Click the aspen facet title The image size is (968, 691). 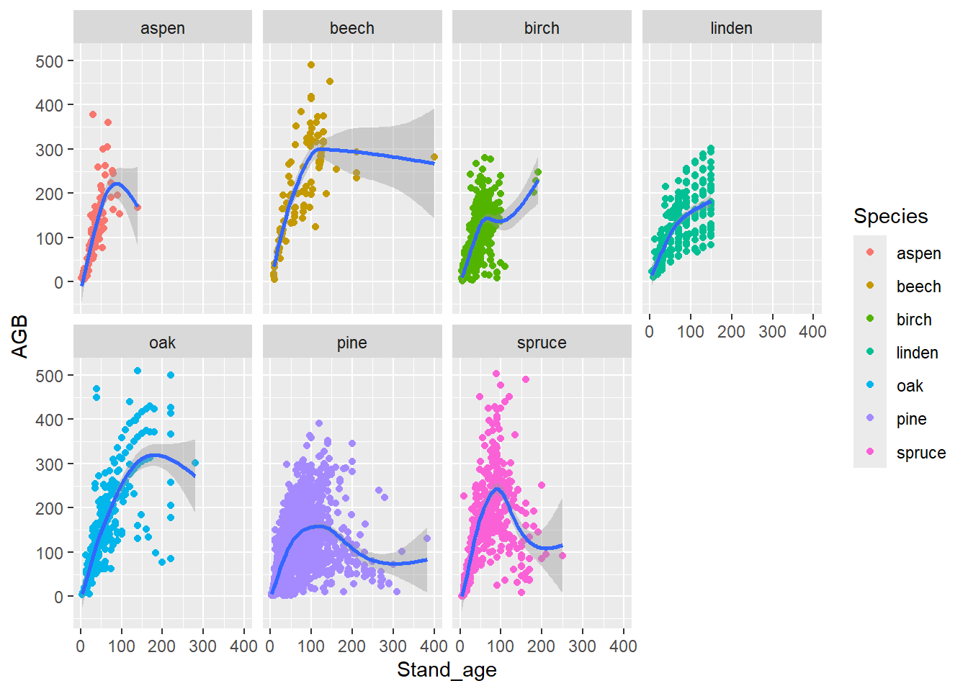pos(163,28)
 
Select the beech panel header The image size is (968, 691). pos(352,28)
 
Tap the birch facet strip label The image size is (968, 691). pos(542,28)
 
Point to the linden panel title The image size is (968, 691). pos(731,28)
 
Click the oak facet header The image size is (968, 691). pos(163,343)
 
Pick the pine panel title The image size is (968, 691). pos(352,343)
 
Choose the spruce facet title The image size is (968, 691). pos(542,343)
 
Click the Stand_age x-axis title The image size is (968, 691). pos(447,669)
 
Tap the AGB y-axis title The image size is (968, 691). pos(19,336)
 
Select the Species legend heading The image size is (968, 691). pos(890,216)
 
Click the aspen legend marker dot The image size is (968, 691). pos(870,253)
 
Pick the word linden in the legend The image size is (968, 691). pos(917,353)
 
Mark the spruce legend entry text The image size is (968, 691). pos(920,453)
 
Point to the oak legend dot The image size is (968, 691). pos(870,386)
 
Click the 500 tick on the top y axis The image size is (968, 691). pos(49,61)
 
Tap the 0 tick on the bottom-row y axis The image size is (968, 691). pos(58,597)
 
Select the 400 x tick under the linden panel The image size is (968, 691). pos(812,332)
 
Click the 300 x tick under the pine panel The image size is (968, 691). pos(393,646)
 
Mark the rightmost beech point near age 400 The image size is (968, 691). pos(434,157)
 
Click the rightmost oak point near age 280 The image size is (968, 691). pos(195,464)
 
